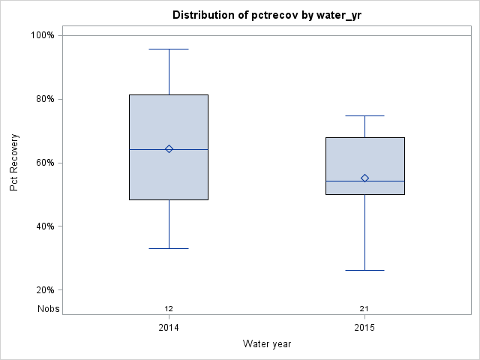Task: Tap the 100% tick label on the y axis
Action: (x=43, y=35)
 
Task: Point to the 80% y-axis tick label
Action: (x=45, y=99)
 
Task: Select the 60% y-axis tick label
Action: (x=45, y=163)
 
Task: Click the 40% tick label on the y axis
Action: (x=45, y=226)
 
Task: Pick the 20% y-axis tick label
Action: (x=45, y=290)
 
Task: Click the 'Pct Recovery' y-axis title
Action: (x=14, y=163)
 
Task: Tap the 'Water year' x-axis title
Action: (x=267, y=343)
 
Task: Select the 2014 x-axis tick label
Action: (x=169, y=328)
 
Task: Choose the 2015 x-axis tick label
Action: (x=364, y=328)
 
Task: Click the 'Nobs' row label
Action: (x=49, y=309)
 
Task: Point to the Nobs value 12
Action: (x=169, y=309)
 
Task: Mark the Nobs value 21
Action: (x=364, y=309)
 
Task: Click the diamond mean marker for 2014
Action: (x=169, y=149)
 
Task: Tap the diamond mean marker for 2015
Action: (x=364, y=178)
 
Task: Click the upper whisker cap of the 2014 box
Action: (x=169, y=49)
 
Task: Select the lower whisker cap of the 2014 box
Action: (x=169, y=248)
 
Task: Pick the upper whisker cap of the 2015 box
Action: (x=364, y=116)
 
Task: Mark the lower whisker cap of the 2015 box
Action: (x=364, y=270)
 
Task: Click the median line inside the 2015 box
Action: (x=364, y=181)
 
